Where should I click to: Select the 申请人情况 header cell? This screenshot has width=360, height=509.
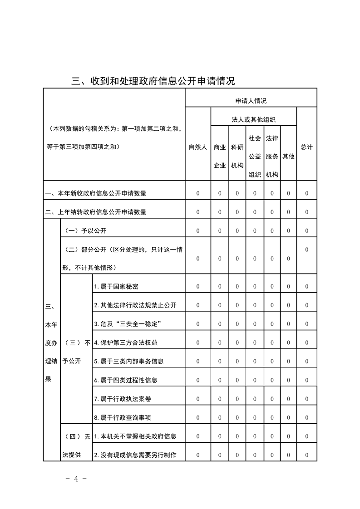pyautogui.click(x=251, y=101)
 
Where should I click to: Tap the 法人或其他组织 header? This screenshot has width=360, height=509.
pyautogui.click(x=254, y=120)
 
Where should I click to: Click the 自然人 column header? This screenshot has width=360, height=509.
pyautogui.click(x=198, y=147)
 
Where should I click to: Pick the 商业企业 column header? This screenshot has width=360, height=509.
pyautogui.click(x=220, y=156)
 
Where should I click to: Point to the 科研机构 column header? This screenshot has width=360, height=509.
pyautogui.click(x=237, y=156)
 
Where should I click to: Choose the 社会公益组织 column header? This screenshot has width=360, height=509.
pyautogui.click(x=255, y=156)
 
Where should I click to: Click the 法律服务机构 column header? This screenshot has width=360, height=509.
pyautogui.click(x=272, y=156)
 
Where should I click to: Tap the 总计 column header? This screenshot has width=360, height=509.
pyautogui.click(x=307, y=147)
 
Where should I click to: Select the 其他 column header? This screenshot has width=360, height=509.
pyautogui.click(x=288, y=156)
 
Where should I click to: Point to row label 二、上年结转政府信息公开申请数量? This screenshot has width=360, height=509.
pyautogui.click(x=96, y=212)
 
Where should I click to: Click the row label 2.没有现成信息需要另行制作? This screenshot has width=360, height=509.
pyautogui.click(x=135, y=455)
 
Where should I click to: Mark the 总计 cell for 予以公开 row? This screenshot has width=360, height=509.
pyautogui.click(x=307, y=231)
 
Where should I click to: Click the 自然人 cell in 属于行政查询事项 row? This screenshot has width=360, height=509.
pyautogui.click(x=198, y=417)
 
